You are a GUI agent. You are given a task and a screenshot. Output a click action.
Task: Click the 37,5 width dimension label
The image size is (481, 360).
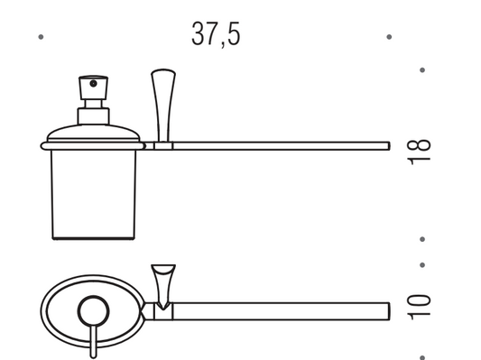[216, 34]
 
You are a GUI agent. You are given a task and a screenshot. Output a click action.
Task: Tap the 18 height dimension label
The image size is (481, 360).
[419, 152]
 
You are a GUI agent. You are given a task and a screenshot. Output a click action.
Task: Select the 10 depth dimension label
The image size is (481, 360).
[419, 308]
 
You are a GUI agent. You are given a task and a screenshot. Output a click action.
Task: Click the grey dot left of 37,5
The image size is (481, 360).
[41, 37]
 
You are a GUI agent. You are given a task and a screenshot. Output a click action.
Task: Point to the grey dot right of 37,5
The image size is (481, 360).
[389, 37]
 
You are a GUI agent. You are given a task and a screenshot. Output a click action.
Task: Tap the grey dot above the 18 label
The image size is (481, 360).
[422, 69]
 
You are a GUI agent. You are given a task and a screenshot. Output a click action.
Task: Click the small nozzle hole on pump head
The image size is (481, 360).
[93, 83]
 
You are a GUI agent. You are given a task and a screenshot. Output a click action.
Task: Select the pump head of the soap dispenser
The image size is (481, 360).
[93, 88]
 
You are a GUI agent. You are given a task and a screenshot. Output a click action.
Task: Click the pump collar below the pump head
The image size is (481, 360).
[93, 115]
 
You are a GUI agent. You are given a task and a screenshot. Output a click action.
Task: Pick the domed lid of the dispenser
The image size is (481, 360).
[93, 133]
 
